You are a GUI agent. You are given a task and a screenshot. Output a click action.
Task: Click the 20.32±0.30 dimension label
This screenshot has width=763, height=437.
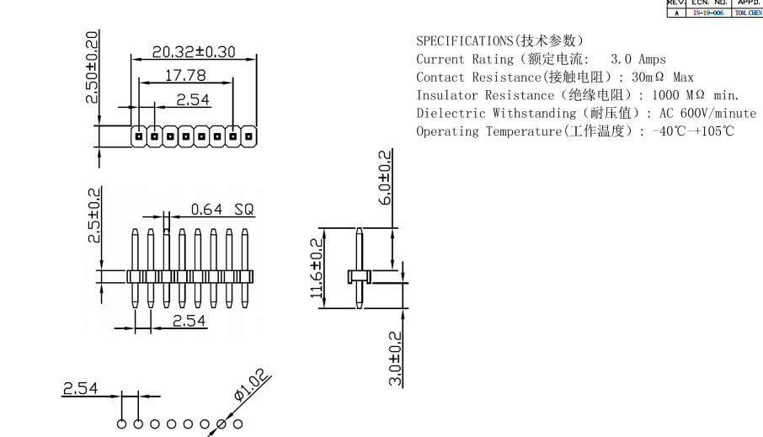point(193,51)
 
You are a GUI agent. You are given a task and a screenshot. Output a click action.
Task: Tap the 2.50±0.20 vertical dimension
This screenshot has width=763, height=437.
point(92,67)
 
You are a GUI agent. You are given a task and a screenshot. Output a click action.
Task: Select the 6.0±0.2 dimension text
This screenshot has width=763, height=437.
point(385,179)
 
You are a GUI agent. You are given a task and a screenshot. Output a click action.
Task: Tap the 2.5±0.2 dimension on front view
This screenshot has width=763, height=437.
point(95,216)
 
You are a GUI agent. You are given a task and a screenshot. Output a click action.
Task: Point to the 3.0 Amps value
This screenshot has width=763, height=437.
point(638,59)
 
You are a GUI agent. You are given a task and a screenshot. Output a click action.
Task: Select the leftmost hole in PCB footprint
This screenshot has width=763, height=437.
point(121,424)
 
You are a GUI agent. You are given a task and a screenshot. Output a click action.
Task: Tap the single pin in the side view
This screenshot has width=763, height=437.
point(360,269)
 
